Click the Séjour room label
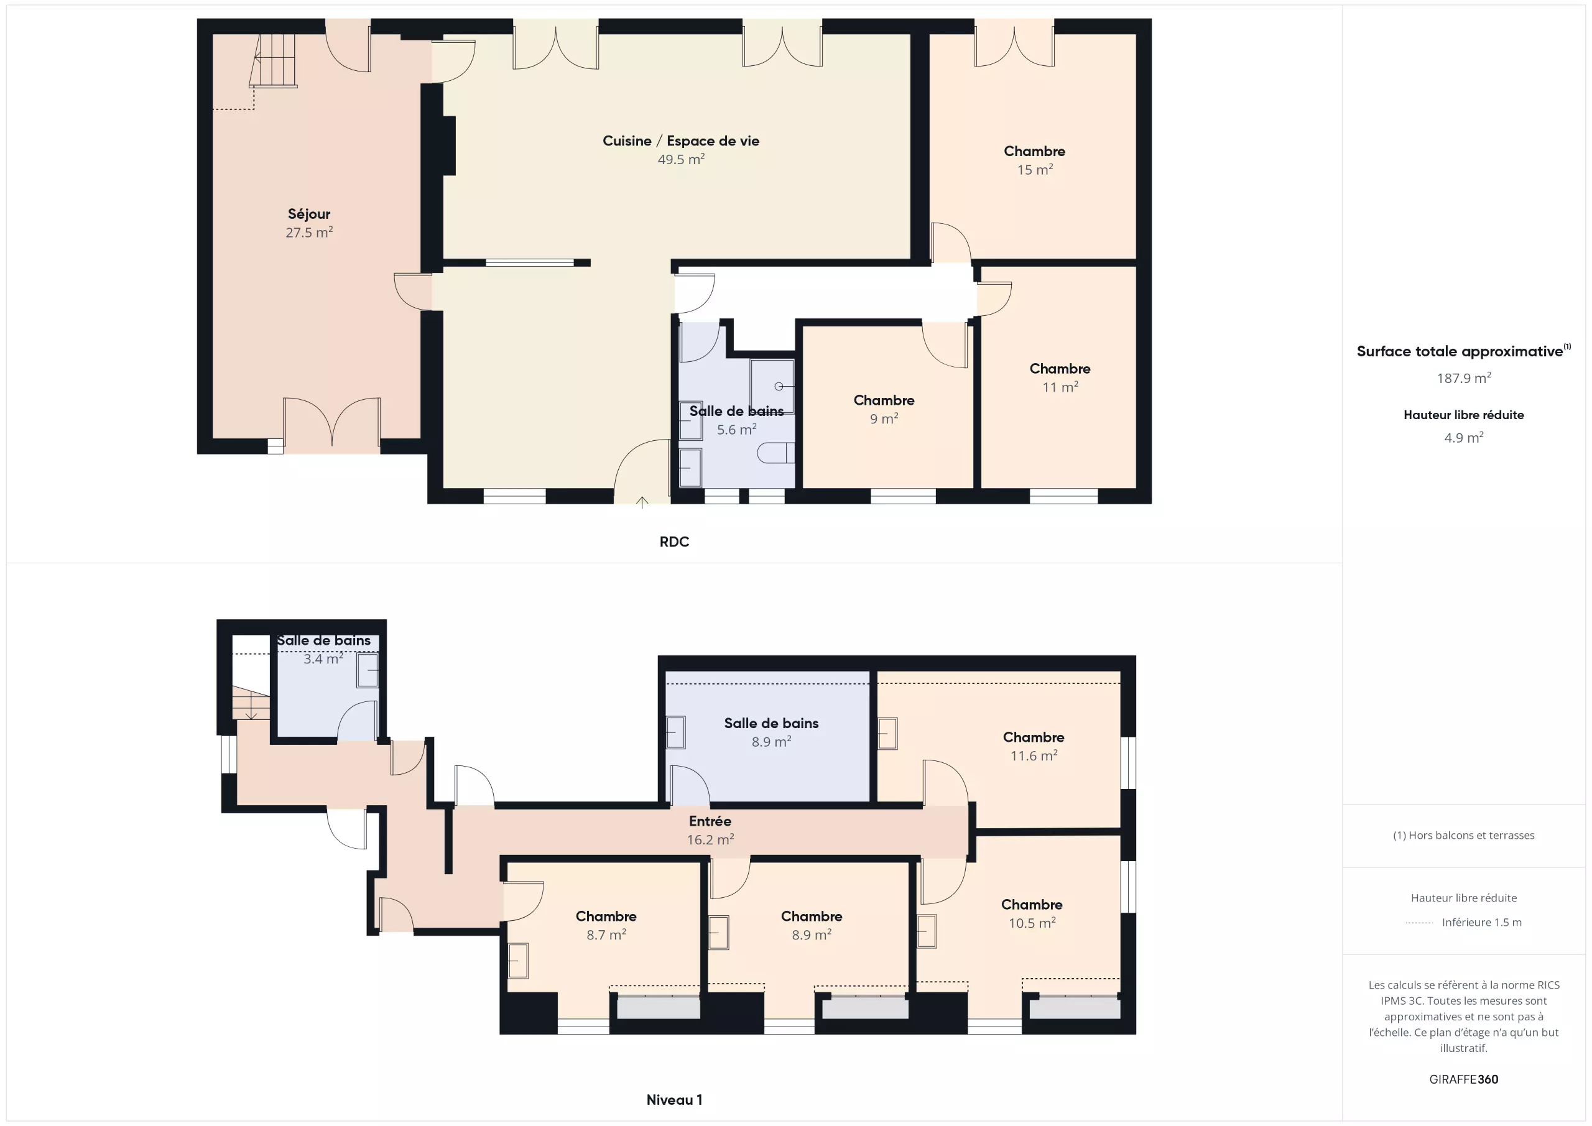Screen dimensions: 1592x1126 309,215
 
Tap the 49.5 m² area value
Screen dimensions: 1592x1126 681,159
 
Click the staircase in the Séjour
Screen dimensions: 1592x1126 273,60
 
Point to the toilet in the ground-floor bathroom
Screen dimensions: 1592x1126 775,453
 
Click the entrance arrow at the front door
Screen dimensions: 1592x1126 642,502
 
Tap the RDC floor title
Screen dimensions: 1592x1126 674,542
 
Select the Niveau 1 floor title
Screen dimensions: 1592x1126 674,1100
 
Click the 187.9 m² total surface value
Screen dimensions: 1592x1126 1464,378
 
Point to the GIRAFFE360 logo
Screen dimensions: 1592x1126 1464,1079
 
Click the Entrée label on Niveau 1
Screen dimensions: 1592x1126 710,821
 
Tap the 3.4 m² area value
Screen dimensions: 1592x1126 323,658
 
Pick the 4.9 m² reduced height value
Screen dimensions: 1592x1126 1464,438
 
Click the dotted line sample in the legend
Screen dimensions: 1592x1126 1418,923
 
